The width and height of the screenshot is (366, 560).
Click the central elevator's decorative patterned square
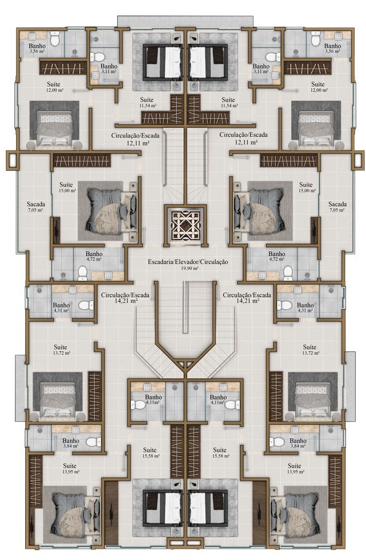click(x=184, y=225)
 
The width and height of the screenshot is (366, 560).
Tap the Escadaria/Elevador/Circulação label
click(x=188, y=262)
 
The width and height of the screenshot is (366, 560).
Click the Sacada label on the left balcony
click(x=35, y=204)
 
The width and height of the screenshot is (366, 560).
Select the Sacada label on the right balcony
click(x=337, y=204)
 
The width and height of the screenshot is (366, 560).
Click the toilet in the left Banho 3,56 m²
click(x=55, y=40)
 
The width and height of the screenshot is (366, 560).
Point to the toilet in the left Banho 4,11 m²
click(x=138, y=405)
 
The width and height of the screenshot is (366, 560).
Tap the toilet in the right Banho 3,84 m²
click(x=279, y=442)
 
